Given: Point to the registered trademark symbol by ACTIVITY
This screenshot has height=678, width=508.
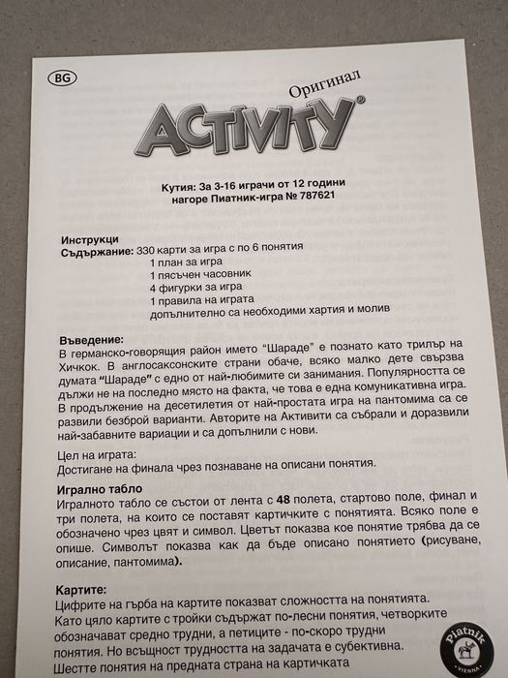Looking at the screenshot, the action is (x=360, y=100).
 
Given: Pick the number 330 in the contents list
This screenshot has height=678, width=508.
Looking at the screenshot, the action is (x=150, y=251).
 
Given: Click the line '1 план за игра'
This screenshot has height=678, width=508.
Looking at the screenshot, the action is (x=187, y=262).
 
